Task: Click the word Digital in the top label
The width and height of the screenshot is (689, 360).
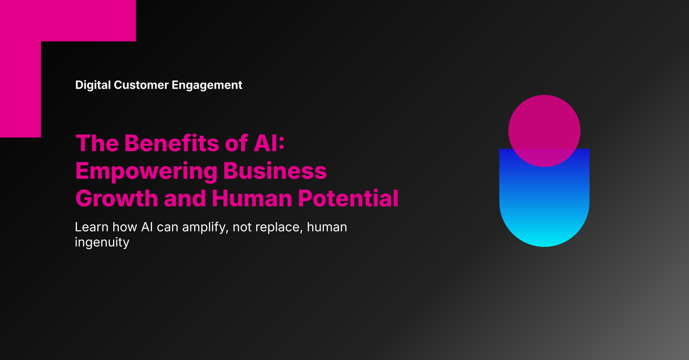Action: [93, 85]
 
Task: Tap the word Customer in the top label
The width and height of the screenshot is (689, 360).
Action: [141, 85]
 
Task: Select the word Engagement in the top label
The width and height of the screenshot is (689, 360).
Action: [207, 85]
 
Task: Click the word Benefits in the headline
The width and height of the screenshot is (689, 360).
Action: [172, 143]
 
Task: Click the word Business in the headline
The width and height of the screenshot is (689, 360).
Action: [275, 171]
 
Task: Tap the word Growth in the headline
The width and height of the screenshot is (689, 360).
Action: [117, 199]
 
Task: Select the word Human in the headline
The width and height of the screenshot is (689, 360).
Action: [252, 199]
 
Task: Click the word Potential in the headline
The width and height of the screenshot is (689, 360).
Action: [348, 199]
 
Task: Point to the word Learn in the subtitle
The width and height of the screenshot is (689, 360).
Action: [91, 227]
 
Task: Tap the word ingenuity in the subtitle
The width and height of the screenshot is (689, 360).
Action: [102, 242]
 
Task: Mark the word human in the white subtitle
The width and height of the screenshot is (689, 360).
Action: [327, 227]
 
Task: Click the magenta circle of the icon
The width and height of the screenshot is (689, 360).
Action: [544, 125]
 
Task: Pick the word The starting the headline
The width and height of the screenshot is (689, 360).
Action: [97, 143]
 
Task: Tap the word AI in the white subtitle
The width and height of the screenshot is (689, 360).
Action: [147, 227]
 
